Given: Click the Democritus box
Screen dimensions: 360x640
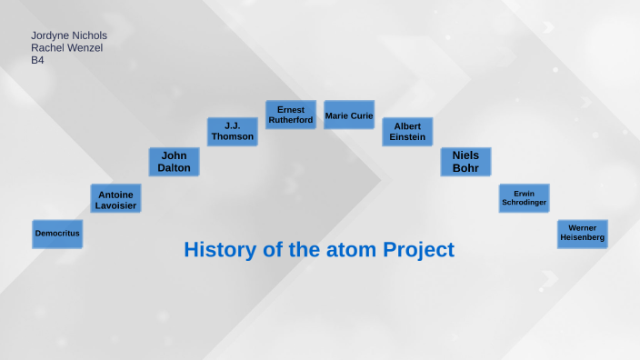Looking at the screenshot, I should point(57,234).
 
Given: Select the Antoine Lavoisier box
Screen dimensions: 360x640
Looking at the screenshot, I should point(115,198).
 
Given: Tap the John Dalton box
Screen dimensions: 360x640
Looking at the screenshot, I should point(174,162).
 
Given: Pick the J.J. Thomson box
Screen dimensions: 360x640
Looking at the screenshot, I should point(232,132).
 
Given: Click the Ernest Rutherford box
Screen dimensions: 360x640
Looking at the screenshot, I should point(291,115).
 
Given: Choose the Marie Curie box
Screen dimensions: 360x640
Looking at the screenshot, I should point(349,115).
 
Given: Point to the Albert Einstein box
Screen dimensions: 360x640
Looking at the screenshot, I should point(407,132).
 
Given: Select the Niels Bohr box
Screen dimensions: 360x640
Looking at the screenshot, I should point(465,162).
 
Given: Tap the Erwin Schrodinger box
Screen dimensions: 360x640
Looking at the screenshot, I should point(524,198).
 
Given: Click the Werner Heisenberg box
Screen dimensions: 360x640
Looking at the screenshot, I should point(582,234).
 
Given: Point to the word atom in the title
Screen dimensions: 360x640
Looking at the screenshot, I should point(351,250).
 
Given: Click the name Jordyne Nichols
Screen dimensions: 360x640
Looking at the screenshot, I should point(69,35).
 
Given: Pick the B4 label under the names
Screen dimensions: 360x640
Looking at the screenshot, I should point(38,60).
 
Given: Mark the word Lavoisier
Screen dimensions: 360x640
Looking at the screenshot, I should point(115,205).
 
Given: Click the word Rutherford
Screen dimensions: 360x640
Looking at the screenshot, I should point(291,120).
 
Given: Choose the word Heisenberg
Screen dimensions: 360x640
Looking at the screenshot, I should point(582,239).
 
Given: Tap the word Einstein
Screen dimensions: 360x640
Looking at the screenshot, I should point(407,137).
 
